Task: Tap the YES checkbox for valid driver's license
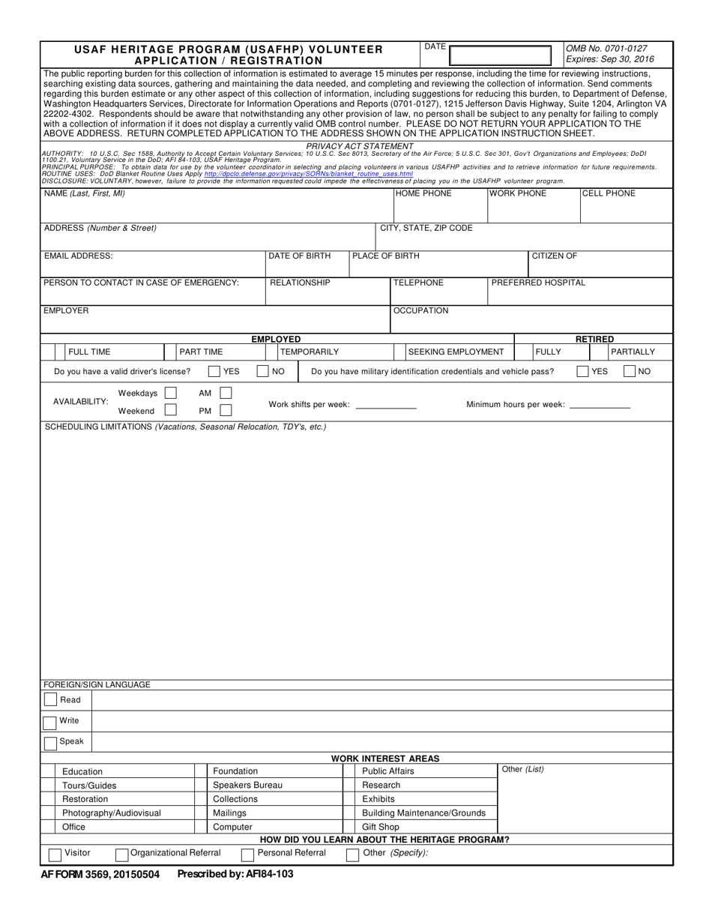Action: [x=214, y=371]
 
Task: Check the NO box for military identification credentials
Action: [x=630, y=371]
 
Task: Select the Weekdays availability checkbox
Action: [x=171, y=393]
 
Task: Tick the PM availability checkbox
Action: [x=226, y=410]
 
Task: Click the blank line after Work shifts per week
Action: [x=385, y=406]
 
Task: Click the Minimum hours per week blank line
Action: [x=600, y=406]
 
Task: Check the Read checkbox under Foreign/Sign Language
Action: [x=50, y=700]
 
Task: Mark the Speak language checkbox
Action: [x=50, y=743]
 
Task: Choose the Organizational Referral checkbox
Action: [x=122, y=855]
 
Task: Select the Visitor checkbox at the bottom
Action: [x=55, y=855]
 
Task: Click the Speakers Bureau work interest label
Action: [x=247, y=785]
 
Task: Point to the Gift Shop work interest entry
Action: [x=381, y=827]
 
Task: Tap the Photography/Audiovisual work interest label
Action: [x=111, y=813]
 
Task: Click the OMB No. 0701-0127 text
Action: [x=606, y=47]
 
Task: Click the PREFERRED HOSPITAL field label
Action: [x=538, y=283]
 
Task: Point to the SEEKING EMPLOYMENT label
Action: [x=456, y=352]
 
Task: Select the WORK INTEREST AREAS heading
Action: [x=385, y=759]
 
